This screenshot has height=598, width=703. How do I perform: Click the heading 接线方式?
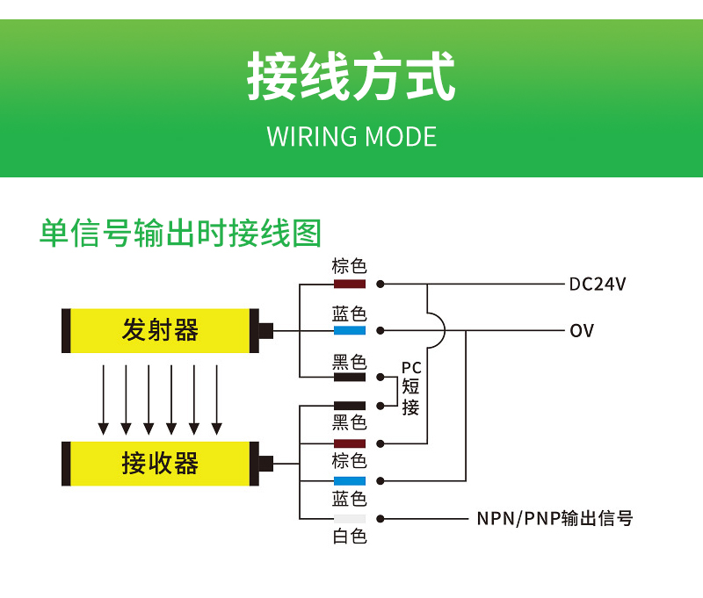351,77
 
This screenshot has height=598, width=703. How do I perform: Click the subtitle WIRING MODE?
351,137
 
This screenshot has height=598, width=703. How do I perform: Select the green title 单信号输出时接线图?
180,233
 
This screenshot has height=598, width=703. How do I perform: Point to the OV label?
582,331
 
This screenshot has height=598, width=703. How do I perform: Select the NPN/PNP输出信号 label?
554,518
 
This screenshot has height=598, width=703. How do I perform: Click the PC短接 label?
410,387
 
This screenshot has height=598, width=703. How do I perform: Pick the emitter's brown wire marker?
349,285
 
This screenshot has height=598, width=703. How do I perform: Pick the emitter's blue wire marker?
349,331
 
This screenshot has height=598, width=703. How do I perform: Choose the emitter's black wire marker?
349,378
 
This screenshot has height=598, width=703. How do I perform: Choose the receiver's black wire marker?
349,406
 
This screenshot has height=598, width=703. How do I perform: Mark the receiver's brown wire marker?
349,443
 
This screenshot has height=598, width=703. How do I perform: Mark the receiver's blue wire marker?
349,481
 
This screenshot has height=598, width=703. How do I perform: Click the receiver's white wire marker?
349,518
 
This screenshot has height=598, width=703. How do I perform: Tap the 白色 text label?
349,537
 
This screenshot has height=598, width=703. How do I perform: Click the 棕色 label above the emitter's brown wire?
349,266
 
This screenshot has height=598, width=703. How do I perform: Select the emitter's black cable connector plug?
265,331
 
